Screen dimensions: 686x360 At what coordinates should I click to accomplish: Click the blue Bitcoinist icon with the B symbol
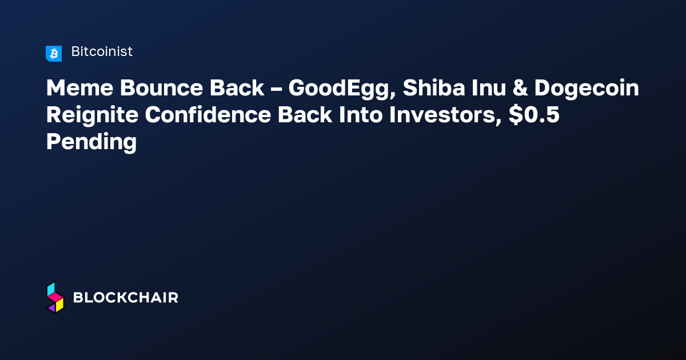pyautogui.click(x=54, y=54)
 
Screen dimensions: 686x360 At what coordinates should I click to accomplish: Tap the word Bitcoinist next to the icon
pyautogui.click(x=102, y=51)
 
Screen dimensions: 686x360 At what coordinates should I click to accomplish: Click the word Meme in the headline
pyautogui.click(x=79, y=88)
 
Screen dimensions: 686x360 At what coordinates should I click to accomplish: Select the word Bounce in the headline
pyautogui.click(x=161, y=88)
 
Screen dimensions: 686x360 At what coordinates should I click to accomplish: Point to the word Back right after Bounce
pyautogui.click(x=237, y=88)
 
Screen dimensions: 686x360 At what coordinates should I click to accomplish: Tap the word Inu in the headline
pyautogui.click(x=488, y=88)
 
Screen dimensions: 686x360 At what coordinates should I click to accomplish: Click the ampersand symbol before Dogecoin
pyautogui.click(x=520, y=88)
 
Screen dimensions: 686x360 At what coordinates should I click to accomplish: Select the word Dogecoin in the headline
pyautogui.click(x=587, y=89)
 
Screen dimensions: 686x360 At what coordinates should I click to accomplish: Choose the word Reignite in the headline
pyautogui.click(x=92, y=116)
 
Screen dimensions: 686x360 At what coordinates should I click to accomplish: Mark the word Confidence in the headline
pyautogui.click(x=208, y=115)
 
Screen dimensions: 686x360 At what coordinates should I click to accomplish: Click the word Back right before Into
pyautogui.click(x=305, y=115)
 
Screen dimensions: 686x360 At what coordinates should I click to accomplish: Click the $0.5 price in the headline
pyautogui.click(x=534, y=115)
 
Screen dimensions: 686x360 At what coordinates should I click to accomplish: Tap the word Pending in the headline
pyautogui.click(x=91, y=143)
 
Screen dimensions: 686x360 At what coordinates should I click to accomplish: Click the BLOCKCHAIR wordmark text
pyautogui.click(x=126, y=298)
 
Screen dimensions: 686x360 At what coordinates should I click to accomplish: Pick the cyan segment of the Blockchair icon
pyautogui.click(x=51, y=289)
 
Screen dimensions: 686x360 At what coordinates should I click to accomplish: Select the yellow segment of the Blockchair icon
pyautogui.click(x=59, y=305)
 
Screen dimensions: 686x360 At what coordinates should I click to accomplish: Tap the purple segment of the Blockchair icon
pyautogui.click(x=52, y=308)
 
